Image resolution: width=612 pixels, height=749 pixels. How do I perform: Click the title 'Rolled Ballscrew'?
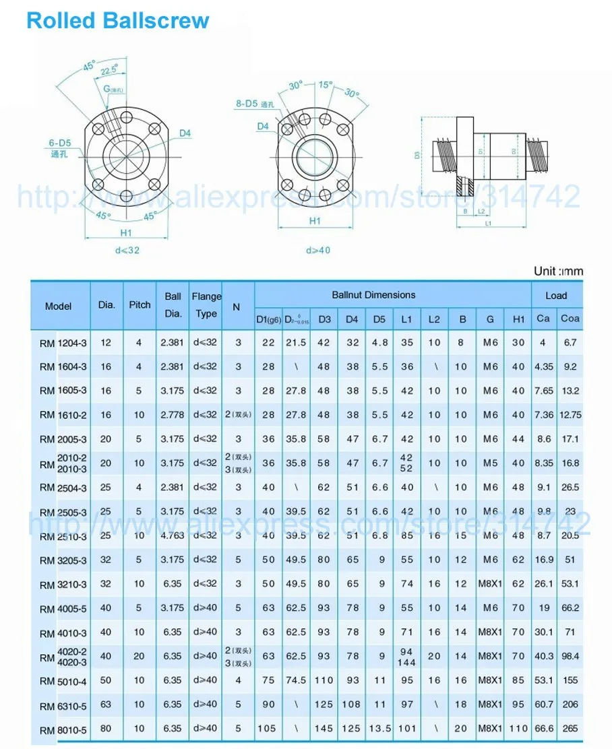pyautogui.click(x=118, y=20)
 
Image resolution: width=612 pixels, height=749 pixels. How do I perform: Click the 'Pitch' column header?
pyautogui.click(x=140, y=305)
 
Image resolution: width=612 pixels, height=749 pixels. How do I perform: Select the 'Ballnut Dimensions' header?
pyautogui.click(x=373, y=295)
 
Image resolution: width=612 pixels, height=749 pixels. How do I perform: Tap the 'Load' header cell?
pyautogui.click(x=556, y=296)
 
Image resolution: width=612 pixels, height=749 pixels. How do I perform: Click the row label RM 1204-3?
pyautogui.click(x=63, y=343)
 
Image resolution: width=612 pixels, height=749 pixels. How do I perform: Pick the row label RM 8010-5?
pyautogui.click(x=63, y=729)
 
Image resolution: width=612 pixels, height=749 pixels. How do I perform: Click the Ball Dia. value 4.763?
pyautogui.click(x=173, y=535)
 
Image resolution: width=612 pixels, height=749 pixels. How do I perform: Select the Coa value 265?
pyautogui.click(x=570, y=728)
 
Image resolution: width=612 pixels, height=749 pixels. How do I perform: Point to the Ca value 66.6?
pyautogui.click(x=543, y=728)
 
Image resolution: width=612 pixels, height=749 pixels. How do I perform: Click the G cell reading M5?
pyautogui.click(x=491, y=463)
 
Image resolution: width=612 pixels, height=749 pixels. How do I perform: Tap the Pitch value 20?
pyautogui.click(x=140, y=656)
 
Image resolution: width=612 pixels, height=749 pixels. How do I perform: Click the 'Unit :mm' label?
pyautogui.click(x=558, y=271)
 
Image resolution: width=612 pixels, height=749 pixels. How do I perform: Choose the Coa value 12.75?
pyautogui.click(x=570, y=416)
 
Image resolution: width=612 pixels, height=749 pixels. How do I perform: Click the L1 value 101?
pyautogui.click(x=406, y=728)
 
